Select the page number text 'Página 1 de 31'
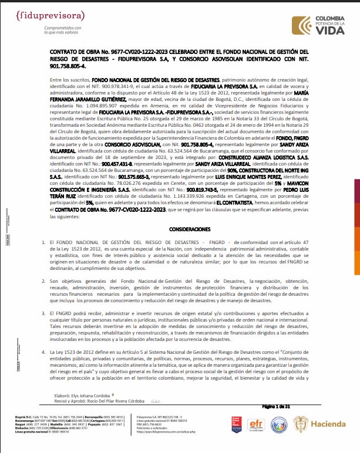tap(292, 406)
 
